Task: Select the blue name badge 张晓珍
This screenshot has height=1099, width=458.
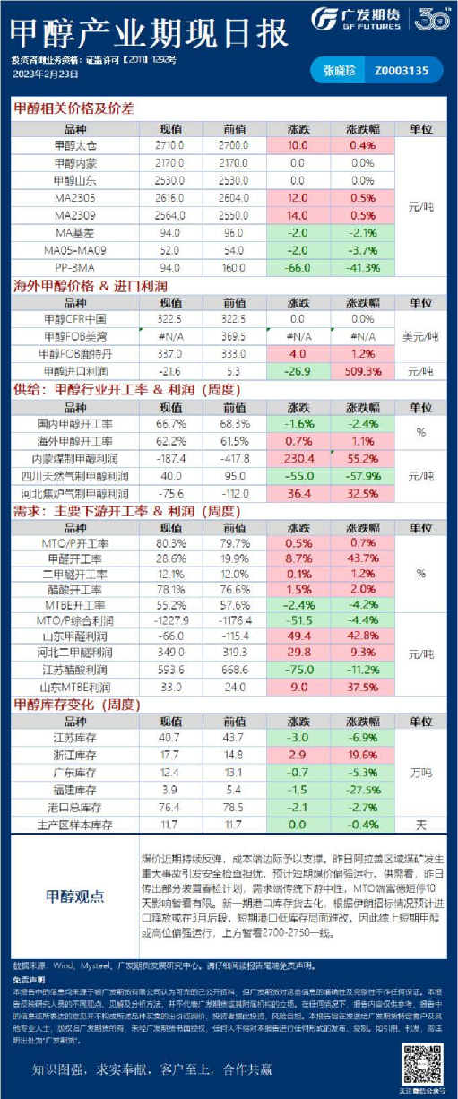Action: click(337, 69)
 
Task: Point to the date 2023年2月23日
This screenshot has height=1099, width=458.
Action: click(43, 74)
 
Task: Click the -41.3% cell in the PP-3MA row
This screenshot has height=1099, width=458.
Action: click(362, 267)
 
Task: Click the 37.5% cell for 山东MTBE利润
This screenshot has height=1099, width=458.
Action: click(362, 688)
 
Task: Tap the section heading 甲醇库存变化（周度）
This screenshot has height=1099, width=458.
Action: click(77, 705)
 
